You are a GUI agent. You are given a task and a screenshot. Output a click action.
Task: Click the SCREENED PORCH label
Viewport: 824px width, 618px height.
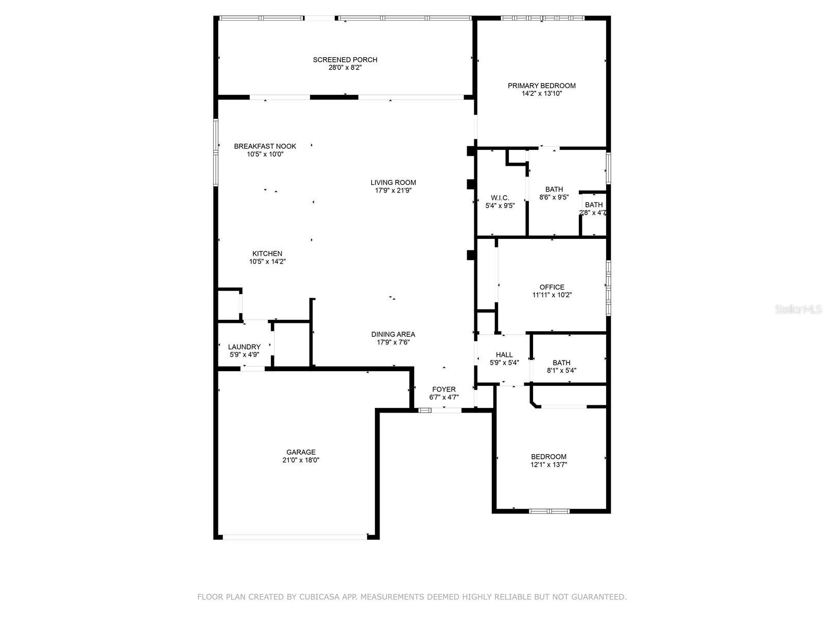point(345,60)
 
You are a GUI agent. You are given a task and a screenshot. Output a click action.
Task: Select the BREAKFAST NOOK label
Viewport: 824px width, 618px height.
point(265,146)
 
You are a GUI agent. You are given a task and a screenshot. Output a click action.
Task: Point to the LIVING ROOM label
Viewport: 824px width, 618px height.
point(393,182)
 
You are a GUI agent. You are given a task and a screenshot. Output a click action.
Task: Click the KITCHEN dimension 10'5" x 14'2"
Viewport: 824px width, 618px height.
point(267,262)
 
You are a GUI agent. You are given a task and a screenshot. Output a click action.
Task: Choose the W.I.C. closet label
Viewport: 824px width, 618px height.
point(500,198)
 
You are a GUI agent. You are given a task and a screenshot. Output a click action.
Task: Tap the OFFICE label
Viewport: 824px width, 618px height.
point(552,287)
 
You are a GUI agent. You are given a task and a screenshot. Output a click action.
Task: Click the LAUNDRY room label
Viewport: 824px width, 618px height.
point(244,347)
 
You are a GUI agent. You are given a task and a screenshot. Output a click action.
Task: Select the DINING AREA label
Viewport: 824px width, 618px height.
point(393,334)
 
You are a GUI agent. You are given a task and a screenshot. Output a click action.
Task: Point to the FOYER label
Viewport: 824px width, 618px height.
point(443,389)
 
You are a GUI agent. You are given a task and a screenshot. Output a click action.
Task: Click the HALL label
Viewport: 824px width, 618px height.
point(504,355)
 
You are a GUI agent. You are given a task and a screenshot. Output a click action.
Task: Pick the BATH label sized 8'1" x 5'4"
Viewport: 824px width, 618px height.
point(561,363)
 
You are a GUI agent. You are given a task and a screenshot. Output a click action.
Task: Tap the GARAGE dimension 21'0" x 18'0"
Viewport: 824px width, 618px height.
point(301,460)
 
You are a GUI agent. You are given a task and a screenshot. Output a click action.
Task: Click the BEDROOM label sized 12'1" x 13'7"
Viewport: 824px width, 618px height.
point(548,457)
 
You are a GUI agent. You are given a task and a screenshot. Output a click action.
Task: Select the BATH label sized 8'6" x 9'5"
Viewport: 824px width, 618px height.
point(554,190)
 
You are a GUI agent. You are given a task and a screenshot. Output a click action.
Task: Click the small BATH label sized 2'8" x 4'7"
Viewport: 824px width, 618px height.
point(593,205)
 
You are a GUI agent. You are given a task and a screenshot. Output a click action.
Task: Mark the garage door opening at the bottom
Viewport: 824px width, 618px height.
point(295,537)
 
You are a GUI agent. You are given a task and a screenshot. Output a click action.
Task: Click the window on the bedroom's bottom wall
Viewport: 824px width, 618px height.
point(549,511)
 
